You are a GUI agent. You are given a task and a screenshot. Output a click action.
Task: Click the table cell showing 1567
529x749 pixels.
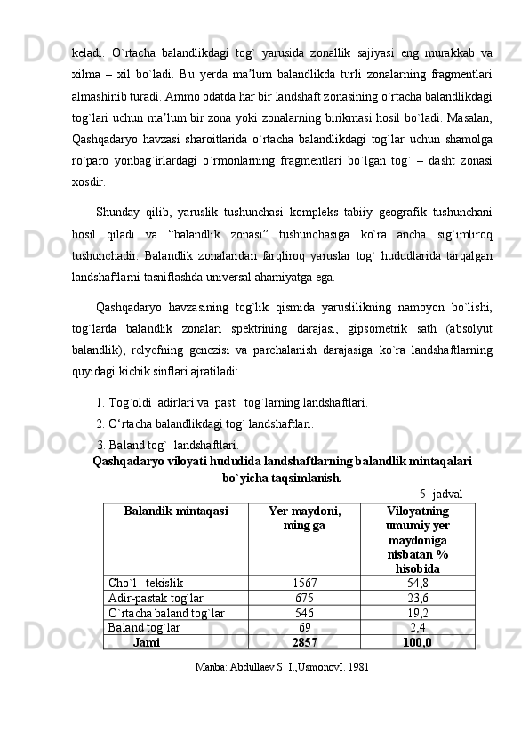(x=304, y=583)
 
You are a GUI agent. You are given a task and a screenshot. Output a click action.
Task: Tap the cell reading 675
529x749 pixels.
(x=304, y=598)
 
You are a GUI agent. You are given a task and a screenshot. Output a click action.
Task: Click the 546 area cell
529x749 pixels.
(x=304, y=613)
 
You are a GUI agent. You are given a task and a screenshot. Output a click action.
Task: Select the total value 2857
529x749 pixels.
(x=304, y=642)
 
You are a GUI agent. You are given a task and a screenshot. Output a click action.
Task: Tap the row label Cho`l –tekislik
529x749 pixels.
(x=146, y=583)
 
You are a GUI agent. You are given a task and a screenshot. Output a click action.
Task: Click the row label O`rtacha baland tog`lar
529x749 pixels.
(x=165, y=613)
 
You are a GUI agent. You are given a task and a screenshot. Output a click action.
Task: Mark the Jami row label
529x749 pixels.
(x=146, y=642)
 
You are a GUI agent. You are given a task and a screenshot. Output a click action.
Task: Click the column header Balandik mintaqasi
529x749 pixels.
(x=176, y=511)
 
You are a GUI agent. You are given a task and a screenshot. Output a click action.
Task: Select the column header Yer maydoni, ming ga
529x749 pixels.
(x=304, y=519)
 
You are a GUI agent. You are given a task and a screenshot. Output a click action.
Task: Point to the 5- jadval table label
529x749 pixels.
(x=440, y=493)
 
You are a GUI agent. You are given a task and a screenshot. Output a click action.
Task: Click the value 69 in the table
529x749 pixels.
(x=304, y=627)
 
